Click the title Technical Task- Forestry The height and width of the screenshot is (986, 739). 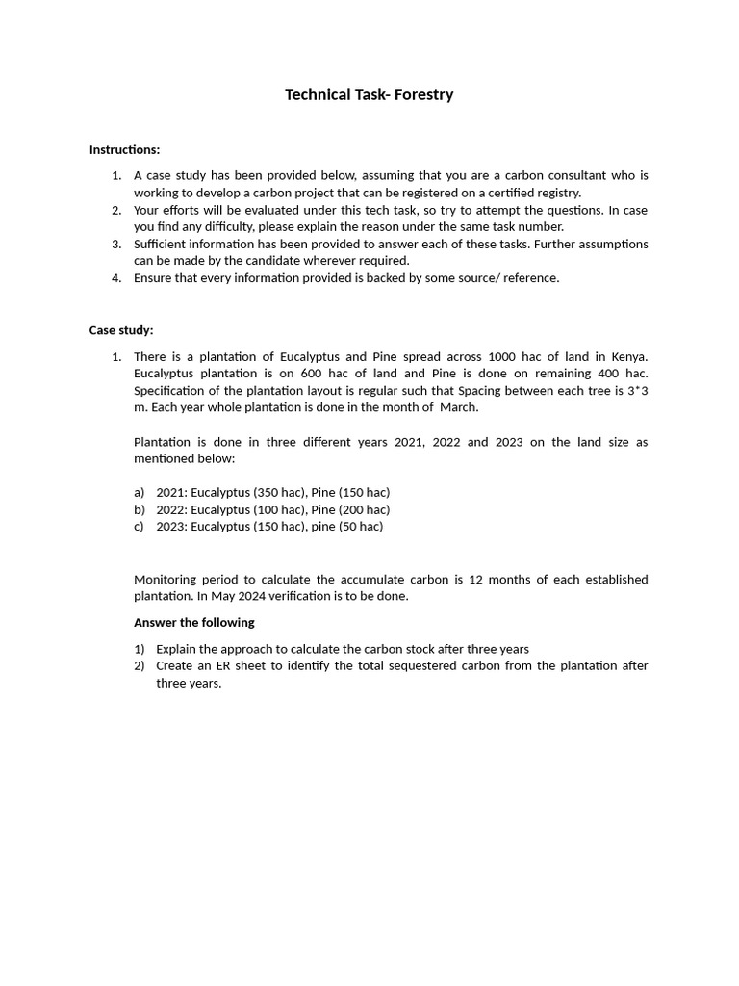click(369, 94)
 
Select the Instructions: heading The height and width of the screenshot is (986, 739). click(124, 149)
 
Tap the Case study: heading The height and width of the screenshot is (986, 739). click(121, 330)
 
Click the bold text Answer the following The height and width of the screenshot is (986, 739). click(193, 622)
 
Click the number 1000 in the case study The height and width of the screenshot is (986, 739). click(503, 356)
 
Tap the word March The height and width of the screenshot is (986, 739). click(458, 407)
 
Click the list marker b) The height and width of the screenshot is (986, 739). click(140, 509)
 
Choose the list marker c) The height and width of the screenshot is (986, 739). click(140, 527)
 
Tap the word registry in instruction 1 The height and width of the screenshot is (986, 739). click(558, 193)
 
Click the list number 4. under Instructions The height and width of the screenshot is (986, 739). click(116, 278)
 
